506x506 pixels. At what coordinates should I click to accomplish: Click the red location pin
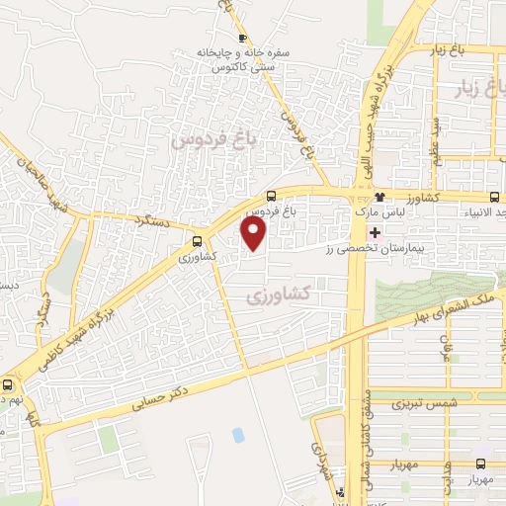(x=255, y=233)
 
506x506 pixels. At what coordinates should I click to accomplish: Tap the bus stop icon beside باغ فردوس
(x=272, y=196)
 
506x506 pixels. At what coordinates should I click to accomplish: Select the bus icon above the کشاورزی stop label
(x=198, y=240)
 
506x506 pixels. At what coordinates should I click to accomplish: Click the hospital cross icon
(x=375, y=232)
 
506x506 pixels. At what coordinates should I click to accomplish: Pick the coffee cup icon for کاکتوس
(x=217, y=69)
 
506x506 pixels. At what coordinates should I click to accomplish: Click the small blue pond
(x=238, y=435)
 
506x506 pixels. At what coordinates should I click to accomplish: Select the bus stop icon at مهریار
(x=481, y=463)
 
